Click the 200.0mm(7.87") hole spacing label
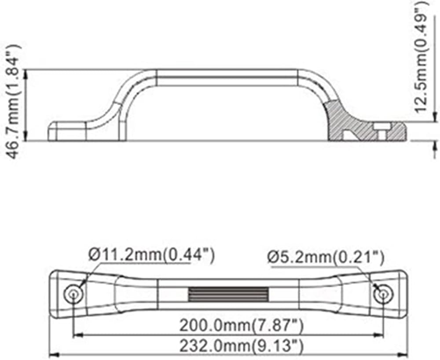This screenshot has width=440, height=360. pos(241,326)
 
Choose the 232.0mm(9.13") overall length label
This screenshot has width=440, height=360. pos(241,346)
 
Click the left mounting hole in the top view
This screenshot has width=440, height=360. pos(73,294)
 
